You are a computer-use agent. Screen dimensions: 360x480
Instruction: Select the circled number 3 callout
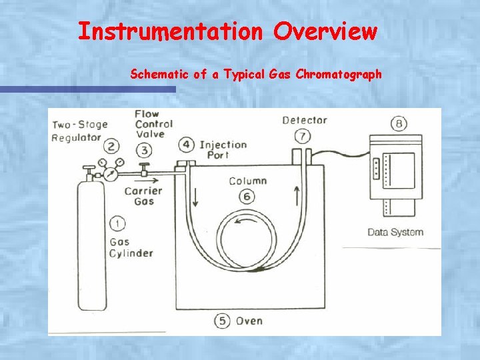[x=145, y=150]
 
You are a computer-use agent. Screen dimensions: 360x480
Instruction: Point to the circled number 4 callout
[x=187, y=145]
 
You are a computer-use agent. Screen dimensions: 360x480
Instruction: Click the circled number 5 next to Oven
[x=222, y=321]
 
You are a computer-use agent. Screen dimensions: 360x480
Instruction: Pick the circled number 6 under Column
[x=247, y=196]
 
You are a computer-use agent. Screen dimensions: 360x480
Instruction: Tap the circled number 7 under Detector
[x=303, y=136]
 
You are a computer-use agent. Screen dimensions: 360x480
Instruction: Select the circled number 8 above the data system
[x=399, y=123]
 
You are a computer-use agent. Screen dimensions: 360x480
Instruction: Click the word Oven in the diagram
[x=249, y=321]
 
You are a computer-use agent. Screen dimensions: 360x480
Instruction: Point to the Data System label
[x=395, y=232]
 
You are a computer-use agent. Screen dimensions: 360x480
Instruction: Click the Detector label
[x=304, y=121]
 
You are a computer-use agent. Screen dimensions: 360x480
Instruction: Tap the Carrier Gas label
[x=143, y=197]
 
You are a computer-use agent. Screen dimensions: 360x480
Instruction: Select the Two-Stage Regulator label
[x=79, y=131]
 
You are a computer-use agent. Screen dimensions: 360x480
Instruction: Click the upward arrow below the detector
[x=295, y=196]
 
